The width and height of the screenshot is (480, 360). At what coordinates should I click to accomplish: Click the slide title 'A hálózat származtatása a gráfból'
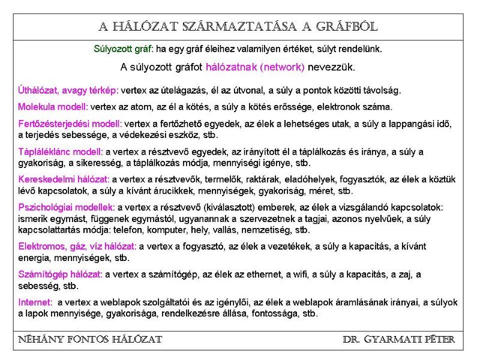[238, 27]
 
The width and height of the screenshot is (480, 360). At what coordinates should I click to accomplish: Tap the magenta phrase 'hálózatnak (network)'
[255, 67]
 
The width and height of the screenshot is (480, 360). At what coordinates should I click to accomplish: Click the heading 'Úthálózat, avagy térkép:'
[68, 91]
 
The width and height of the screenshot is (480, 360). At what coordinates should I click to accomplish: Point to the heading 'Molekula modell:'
[53, 107]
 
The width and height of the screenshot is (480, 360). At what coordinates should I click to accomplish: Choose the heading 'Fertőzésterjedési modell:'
[70, 124]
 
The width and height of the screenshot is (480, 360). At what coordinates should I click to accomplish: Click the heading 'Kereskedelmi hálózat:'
[64, 179]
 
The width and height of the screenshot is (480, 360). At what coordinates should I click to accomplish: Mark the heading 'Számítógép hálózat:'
[61, 274]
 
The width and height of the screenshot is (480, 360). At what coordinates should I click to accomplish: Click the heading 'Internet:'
[35, 302]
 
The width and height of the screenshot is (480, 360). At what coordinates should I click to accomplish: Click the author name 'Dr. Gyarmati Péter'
[399, 340]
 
